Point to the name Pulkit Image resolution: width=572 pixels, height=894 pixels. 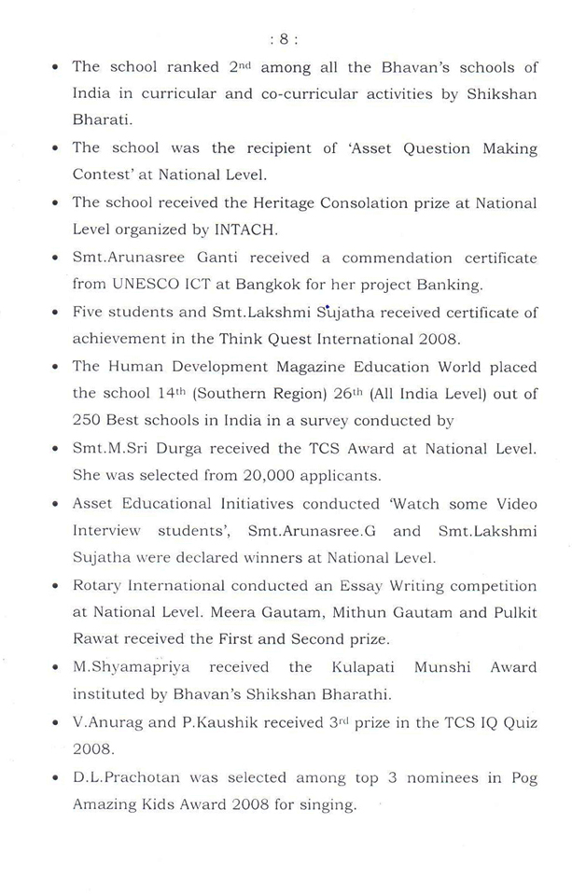pos(507,612)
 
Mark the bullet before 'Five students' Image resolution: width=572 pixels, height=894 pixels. pos(57,313)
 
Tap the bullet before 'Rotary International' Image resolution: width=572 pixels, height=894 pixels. pos(57,587)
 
